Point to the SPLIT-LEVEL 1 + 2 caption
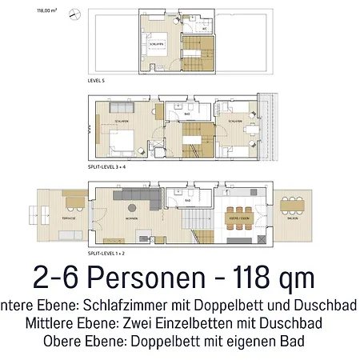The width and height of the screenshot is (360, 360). pyautogui.click(x=110, y=254)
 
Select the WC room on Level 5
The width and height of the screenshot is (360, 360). pyautogui.click(x=205, y=27)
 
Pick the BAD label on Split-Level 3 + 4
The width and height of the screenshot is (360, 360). pyautogui.click(x=186, y=114)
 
